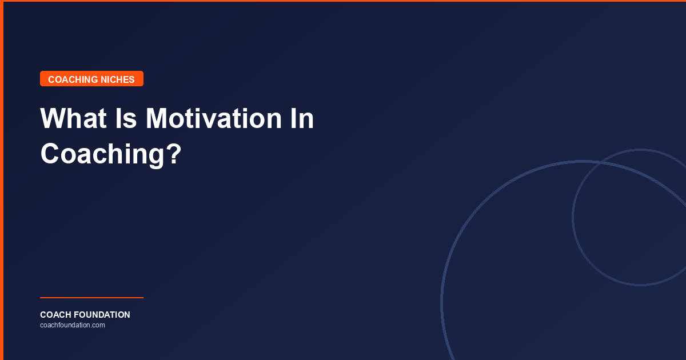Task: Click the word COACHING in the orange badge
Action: (x=73, y=79)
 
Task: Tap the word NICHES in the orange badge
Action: (x=118, y=79)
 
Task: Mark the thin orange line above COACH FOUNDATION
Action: (x=91, y=298)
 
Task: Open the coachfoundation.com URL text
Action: (x=72, y=325)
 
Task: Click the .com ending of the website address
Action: (x=98, y=325)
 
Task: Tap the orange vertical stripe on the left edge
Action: (x=2, y=180)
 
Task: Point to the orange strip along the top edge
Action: (x=343, y=1)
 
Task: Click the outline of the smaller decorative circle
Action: (x=573, y=217)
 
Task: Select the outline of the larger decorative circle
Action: (x=442, y=303)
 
